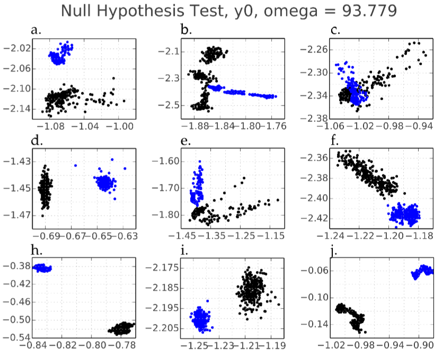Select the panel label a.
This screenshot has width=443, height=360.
pyautogui.click(x=36, y=30)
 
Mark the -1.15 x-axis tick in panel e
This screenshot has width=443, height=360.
pyautogui.click(x=274, y=235)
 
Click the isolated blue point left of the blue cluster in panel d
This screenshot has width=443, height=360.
pyautogui.click(x=75, y=165)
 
